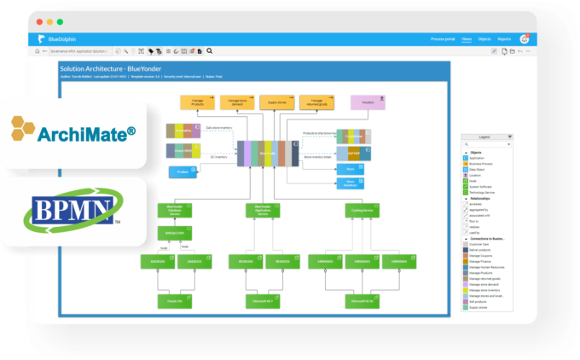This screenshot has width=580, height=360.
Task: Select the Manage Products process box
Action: point(197,102)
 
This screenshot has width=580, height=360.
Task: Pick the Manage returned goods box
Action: point(316,102)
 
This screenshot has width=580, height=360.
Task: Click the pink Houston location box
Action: point(367,102)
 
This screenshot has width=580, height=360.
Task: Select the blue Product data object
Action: point(183,172)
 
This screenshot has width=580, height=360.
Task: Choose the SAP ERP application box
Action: point(353,154)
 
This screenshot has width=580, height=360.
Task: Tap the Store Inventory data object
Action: point(351,183)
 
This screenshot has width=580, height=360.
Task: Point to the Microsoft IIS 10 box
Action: point(362,300)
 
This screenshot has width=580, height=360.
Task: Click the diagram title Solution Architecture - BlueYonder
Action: point(111,68)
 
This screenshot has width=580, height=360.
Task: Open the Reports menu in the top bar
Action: point(504,39)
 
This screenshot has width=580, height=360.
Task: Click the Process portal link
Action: point(444,39)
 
